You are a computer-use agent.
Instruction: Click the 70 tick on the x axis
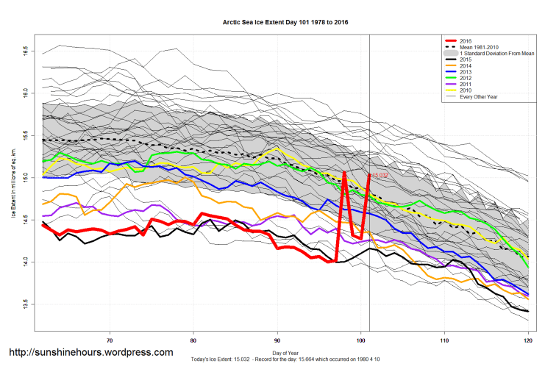110,340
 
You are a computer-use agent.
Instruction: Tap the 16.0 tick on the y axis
25,93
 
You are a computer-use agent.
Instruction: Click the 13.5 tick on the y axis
25,303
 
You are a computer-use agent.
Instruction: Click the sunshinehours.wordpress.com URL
90,353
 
